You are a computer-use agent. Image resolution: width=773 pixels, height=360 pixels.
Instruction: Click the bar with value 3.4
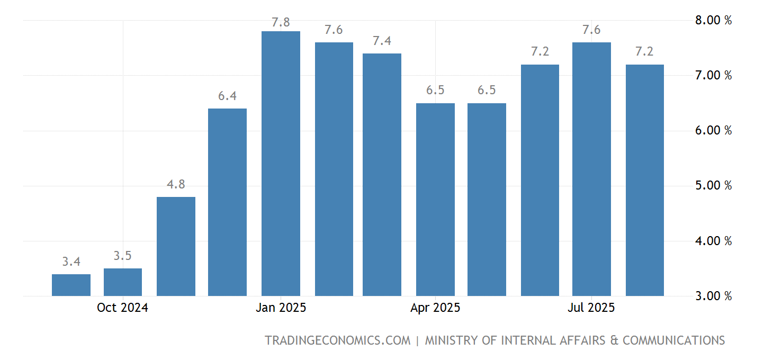[x=71, y=285]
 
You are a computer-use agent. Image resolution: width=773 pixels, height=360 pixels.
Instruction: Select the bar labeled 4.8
[x=176, y=246]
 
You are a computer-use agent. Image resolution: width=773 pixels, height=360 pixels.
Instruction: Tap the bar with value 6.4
[x=227, y=202]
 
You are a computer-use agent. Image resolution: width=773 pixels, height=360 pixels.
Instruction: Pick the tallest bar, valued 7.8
[x=281, y=164]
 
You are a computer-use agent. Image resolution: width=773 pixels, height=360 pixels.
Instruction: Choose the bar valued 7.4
[x=382, y=175]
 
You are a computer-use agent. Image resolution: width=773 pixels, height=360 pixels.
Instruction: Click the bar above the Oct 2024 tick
[x=123, y=282]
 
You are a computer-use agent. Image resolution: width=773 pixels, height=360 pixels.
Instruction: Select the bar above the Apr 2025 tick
[x=435, y=200]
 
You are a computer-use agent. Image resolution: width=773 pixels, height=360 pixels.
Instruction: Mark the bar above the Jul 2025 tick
[x=591, y=169]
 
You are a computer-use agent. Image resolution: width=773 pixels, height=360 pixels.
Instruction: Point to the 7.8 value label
[x=281, y=22]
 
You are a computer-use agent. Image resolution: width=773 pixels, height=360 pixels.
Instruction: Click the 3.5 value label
[x=123, y=256]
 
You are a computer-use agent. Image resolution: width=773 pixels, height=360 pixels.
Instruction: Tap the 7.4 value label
[x=382, y=41]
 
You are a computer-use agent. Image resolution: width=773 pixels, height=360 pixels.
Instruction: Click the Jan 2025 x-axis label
[x=281, y=308]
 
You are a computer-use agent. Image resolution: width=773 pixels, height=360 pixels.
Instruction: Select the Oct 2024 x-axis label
[x=122, y=308]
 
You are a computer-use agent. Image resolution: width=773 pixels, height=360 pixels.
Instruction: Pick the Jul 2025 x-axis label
[x=591, y=308]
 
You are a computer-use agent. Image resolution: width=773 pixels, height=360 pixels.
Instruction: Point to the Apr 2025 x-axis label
[x=435, y=308]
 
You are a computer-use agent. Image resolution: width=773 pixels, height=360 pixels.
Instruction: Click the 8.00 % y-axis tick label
[x=713, y=21]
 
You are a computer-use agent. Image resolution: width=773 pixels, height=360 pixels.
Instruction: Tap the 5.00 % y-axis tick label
[x=713, y=186]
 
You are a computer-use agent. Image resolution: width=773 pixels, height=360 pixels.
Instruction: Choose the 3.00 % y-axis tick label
[x=713, y=296]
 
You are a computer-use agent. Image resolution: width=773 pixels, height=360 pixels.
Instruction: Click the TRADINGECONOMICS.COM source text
[x=337, y=340]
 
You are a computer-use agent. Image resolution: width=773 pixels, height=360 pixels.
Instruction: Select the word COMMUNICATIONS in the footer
[x=673, y=340]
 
